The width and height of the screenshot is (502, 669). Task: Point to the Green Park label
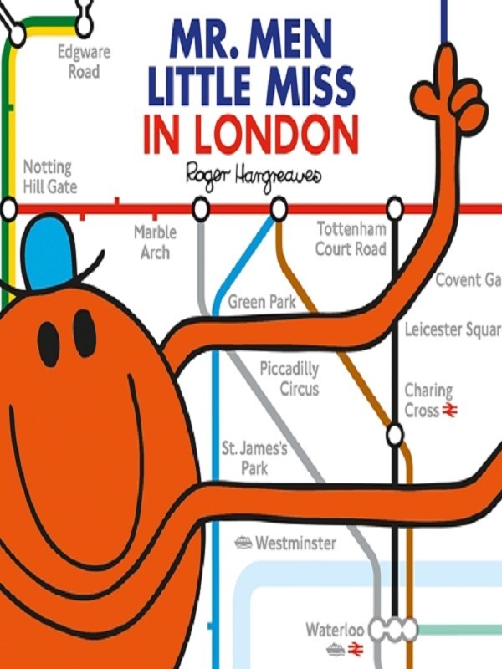tap(262, 302)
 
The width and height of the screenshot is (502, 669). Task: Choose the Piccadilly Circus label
tap(289, 379)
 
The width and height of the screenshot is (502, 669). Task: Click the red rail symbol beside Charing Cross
tap(449, 410)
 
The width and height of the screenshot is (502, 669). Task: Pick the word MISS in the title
tap(300, 87)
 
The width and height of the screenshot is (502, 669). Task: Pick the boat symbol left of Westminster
tap(243, 543)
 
